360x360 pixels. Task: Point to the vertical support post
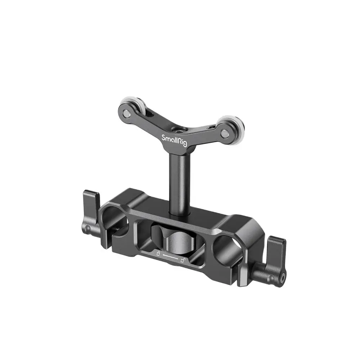click(x=179, y=173)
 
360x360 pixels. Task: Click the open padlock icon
click(x=183, y=261)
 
